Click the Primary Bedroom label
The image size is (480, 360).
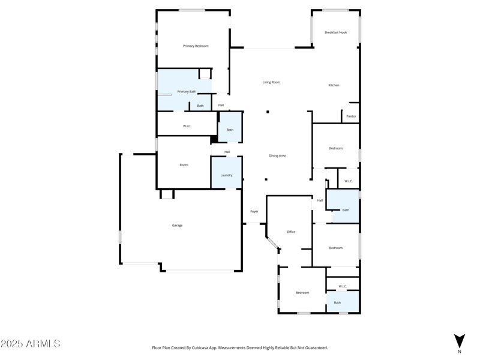(196, 46)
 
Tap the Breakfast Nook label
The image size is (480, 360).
(335, 32)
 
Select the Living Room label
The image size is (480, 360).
(271, 82)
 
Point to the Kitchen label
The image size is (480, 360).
(334, 85)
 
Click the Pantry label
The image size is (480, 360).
(351, 116)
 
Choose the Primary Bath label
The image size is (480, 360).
(187, 92)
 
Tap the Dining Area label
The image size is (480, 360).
(277, 155)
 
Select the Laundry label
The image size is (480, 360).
(226, 175)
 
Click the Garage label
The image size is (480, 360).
(177, 226)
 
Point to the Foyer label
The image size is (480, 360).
(254, 211)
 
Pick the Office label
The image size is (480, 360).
(291, 232)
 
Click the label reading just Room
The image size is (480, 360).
(184, 165)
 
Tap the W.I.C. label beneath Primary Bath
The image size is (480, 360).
(187, 126)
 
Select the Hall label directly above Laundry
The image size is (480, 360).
(227, 152)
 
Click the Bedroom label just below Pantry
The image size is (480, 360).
(336, 148)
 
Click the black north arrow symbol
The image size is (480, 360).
(460, 340)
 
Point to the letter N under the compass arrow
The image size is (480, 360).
(460, 352)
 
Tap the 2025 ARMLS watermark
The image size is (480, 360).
(31, 344)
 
